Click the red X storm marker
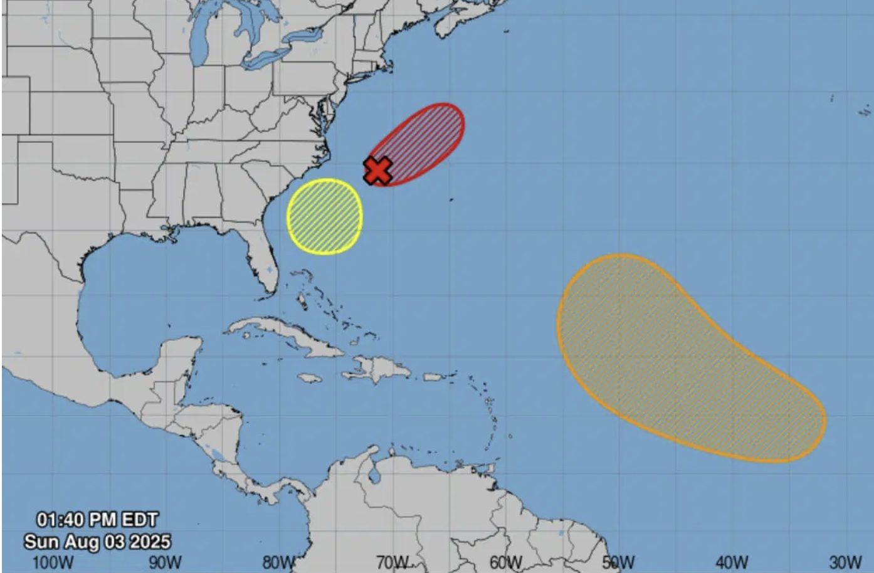(378, 170)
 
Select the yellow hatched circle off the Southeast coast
(325, 216)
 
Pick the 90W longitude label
(166, 562)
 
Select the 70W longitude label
(392, 562)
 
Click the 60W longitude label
(505, 562)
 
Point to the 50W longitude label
(619, 562)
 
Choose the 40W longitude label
(732, 562)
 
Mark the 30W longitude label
(845, 562)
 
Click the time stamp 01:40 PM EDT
(97, 520)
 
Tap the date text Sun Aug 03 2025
(97, 541)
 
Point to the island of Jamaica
(309, 379)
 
